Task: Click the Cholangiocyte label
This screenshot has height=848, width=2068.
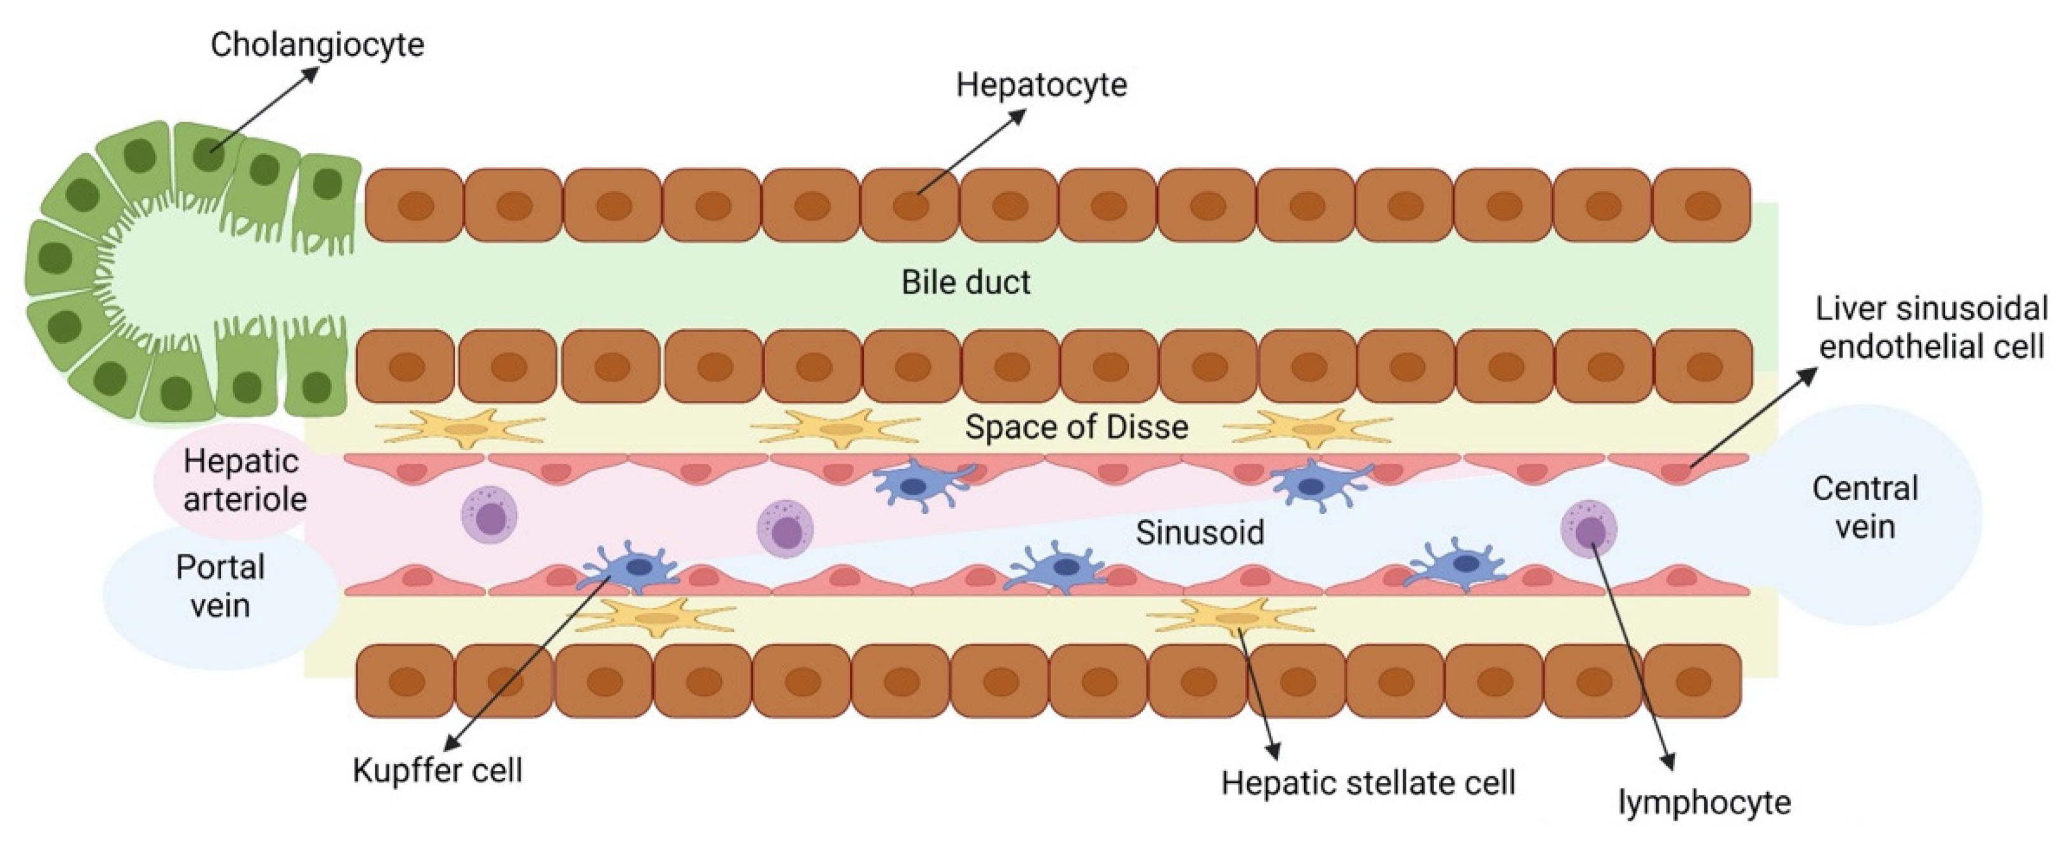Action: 317,45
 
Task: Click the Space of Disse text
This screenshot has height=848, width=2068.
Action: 1076,426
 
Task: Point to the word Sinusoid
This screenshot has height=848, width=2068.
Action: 1200,533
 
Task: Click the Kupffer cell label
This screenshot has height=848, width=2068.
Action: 438,771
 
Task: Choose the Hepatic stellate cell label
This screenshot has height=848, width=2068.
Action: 1368,783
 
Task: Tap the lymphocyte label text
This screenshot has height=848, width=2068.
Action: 1704,802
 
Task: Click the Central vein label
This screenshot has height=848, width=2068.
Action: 1865,508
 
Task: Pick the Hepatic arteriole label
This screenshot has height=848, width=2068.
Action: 244,480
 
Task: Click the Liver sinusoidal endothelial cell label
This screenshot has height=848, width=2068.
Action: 1932,327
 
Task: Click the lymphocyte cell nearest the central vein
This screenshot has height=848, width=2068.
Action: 1588,528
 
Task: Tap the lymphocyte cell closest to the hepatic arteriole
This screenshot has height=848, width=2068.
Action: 489,515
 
